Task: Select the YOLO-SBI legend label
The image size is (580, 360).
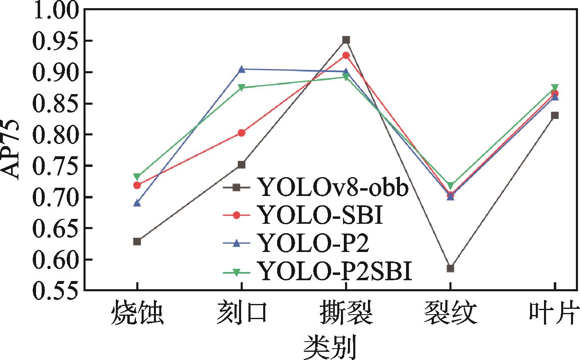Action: tap(320, 215)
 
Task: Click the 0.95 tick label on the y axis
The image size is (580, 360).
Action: tap(55, 41)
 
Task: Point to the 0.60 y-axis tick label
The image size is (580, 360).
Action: tap(55, 259)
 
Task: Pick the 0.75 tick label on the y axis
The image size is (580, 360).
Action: tap(55, 166)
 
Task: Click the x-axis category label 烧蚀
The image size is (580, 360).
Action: tap(138, 313)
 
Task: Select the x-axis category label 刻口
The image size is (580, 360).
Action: tap(241, 313)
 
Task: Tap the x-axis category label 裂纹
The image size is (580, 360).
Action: tap(450, 313)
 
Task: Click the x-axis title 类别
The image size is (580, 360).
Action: tap(329, 347)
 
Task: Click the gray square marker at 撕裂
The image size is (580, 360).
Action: tap(346, 40)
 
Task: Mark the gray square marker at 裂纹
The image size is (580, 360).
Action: tap(450, 268)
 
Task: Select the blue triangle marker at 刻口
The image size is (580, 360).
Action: tap(241, 69)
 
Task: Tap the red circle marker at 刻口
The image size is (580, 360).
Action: tap(241, 133)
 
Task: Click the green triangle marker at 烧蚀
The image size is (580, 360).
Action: tap(137, 177)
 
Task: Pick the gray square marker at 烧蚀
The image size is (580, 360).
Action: tap(137, 242)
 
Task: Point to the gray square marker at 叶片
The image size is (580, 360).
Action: tap(555, 115)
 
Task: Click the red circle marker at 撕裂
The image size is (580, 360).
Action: tap(346, 55)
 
